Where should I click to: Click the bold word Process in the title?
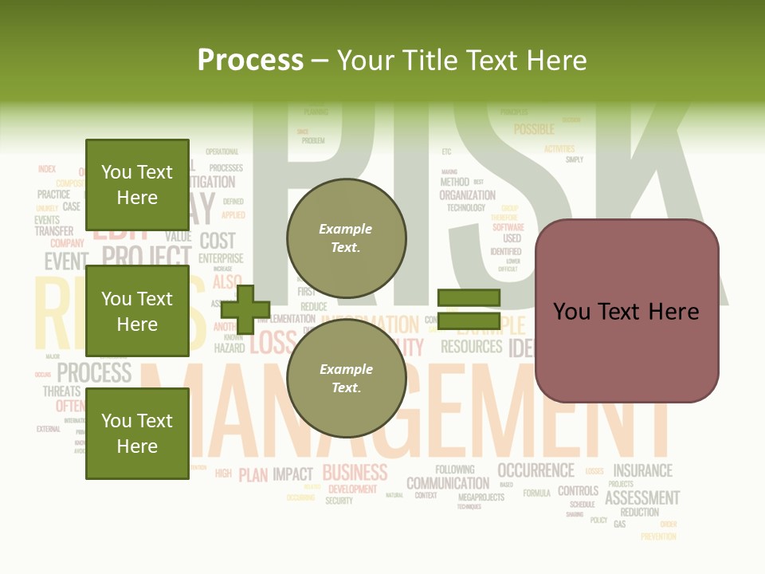click(x=250, y=60)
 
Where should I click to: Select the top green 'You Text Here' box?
click(x=137, y=185)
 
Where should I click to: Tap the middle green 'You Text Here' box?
click(x=137, y=311)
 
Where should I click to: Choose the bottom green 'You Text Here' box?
click(x=137, y=433)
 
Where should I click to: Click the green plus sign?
click(x=245, y=309)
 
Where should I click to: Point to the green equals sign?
click(x=469, y=309)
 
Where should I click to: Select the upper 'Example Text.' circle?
click(x=346, y=238)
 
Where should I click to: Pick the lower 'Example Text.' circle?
click(x=346, y=379)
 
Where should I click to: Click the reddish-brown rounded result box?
click(x=626, y=311)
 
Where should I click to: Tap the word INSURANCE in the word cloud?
click(x=642, y=470)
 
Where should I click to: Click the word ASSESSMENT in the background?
click(x=641, y=498)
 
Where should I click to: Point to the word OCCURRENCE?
click(x=535, y=470)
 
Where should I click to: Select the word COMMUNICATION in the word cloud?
click(x=448, y=483)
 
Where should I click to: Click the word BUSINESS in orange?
click(x=355, y=472)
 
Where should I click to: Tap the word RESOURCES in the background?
click(x=471, y=347)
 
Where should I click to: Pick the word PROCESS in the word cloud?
click(x=94, y=372)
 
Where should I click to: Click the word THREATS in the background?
click(x=61, y=391)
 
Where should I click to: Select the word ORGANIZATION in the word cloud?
click(x=467, y=195)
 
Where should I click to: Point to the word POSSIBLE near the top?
click(x=534, y=129)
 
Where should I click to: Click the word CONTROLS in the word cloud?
click(x=578, y=491)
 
